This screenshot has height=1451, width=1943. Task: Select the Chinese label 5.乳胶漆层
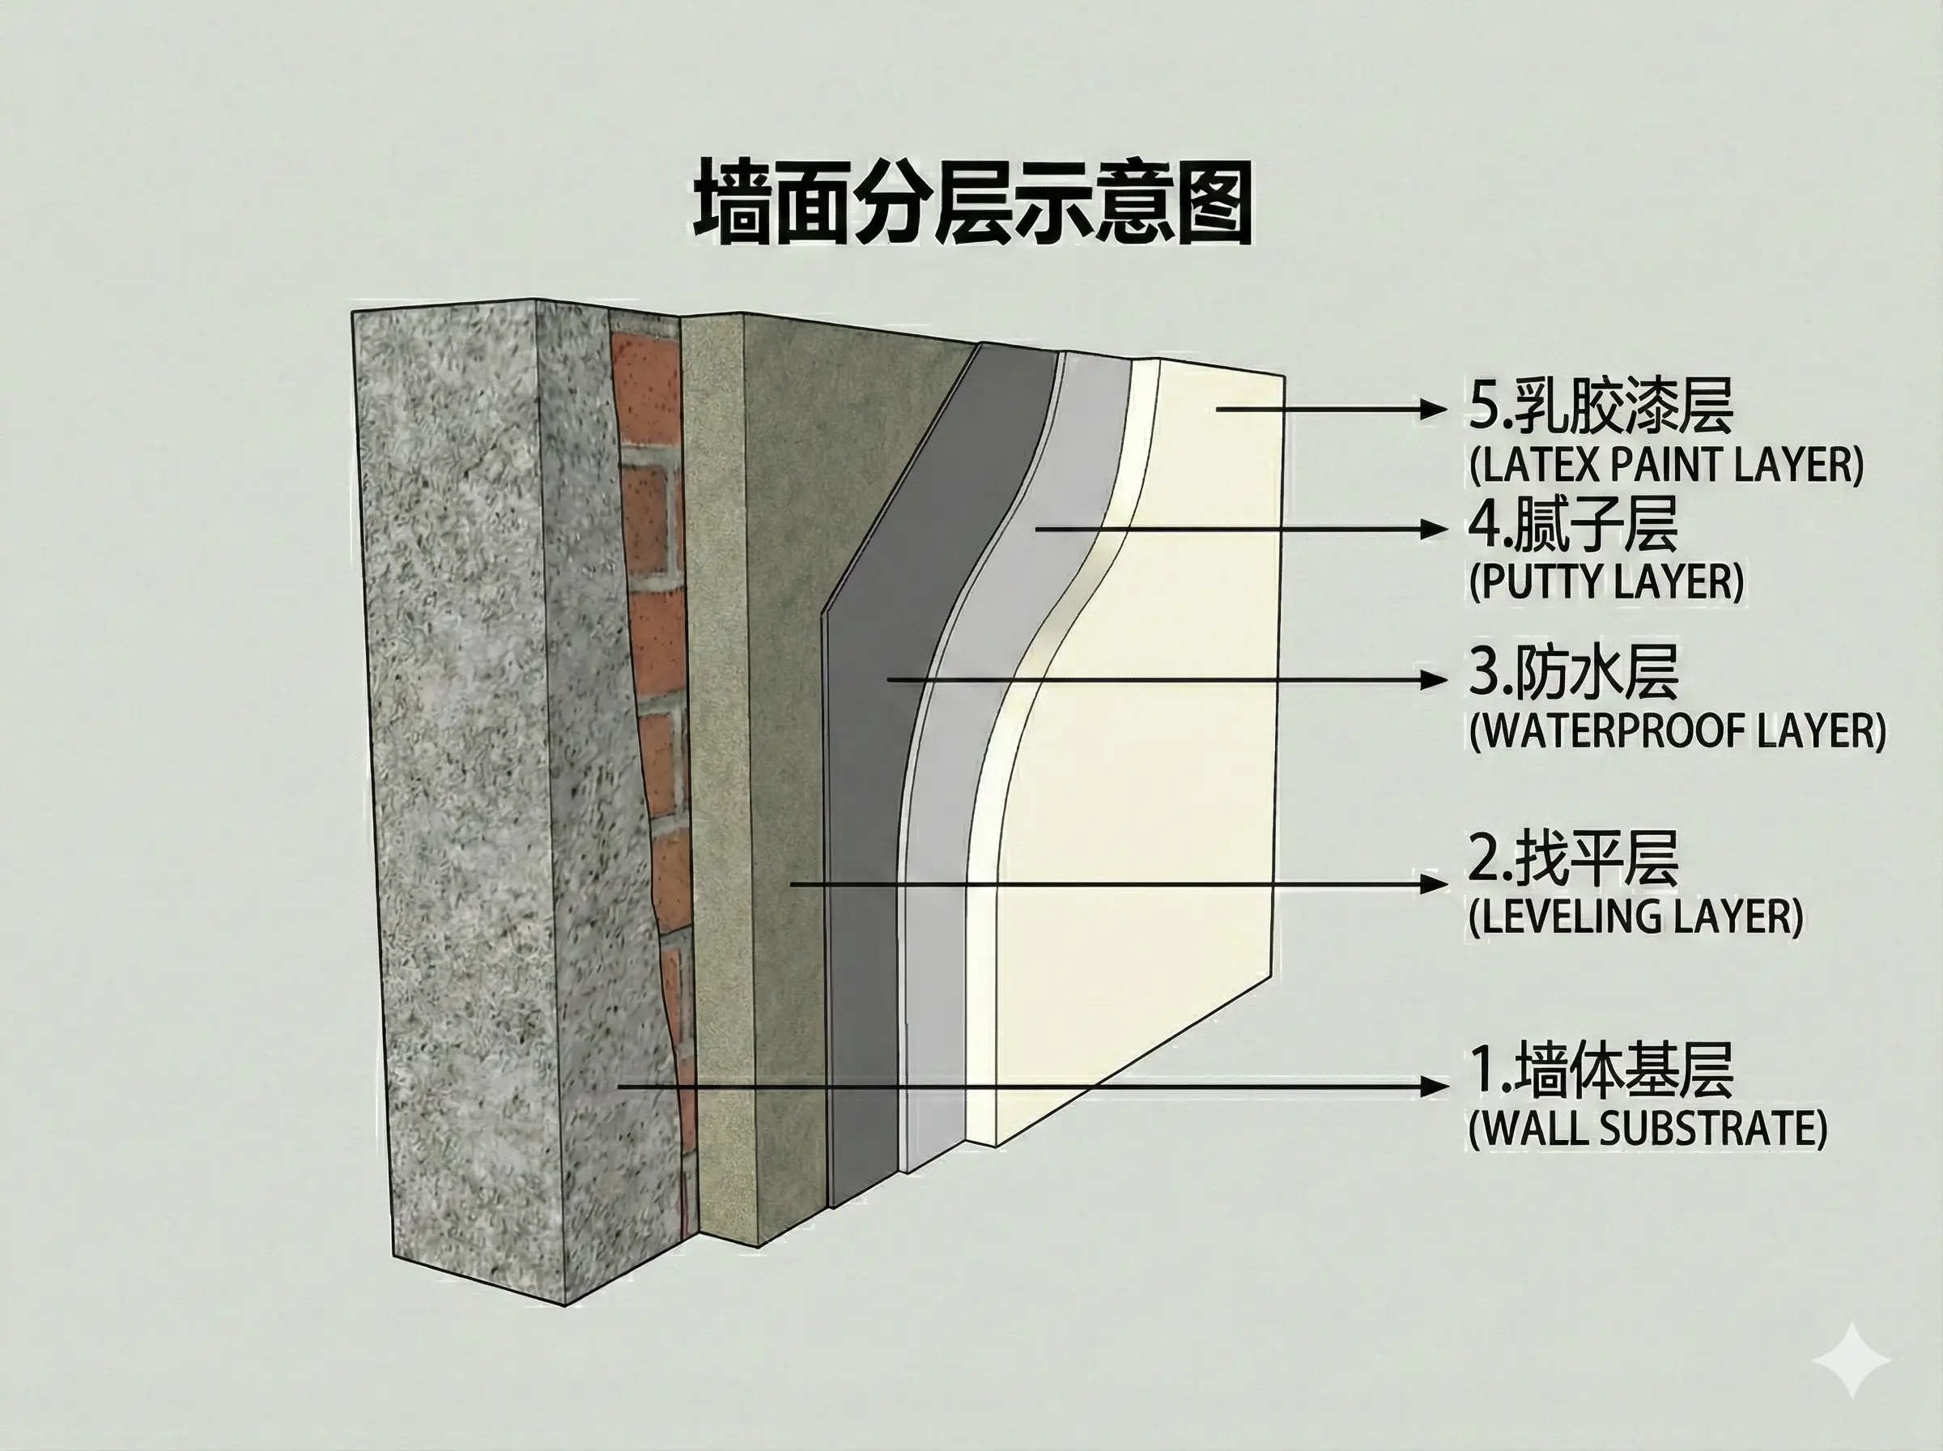[1601, 406]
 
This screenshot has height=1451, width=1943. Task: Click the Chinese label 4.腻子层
[1573, 526]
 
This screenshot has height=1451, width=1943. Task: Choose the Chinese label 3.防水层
[1573, 673]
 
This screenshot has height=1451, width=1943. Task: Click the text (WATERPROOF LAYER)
[1677, 731]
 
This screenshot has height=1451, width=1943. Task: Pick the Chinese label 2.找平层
[1573, 858]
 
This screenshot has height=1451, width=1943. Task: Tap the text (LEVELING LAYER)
[1635, 917]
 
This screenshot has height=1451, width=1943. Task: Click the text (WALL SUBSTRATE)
[1648, 1129]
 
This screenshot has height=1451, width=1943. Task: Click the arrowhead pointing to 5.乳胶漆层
[1433, 408]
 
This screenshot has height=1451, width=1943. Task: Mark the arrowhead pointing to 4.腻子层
[1433, 528]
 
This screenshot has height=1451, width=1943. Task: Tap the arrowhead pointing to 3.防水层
[1433, 679]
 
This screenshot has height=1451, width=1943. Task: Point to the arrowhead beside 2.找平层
[1433, 883]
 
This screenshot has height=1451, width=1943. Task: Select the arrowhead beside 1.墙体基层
[1433, 1087]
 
